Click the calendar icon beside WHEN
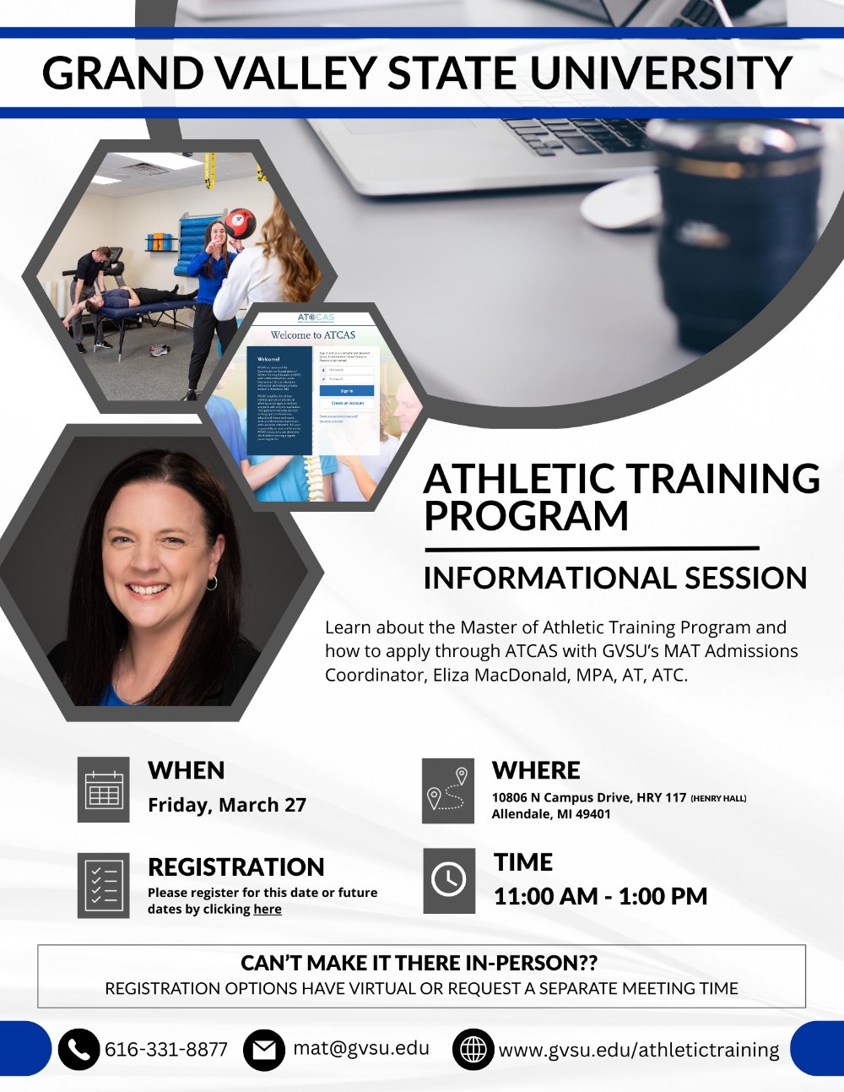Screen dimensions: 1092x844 click(x=104, y=790)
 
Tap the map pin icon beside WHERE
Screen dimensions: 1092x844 click(x=448, y=790)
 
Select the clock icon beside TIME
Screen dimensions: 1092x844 click(x=448, y=880)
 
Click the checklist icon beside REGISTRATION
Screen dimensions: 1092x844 click(x=104, y=885)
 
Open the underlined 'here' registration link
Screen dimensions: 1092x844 click(x=268, y=910)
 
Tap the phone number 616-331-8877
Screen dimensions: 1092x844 click(x=166, y=1049)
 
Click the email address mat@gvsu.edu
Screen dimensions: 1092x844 click(x=361, y=1048)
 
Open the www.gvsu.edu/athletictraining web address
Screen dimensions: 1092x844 click(x=639, y=1050)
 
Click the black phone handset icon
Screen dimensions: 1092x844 click(x=78, y=1049)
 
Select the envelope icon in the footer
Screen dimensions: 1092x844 click(x=264, y=1050)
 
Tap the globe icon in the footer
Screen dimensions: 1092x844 click(x=473, y=1050)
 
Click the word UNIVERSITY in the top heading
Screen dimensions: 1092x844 click(x=661, y=73)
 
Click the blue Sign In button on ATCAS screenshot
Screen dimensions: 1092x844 click(x=346, y=391)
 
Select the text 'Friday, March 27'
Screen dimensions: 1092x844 click(x=227, y=805)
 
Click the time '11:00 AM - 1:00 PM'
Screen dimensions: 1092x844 click(x=600, y=896)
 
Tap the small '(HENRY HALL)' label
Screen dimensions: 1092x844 click(x=718, y=798)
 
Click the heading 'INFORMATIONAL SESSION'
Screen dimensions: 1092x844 click(x=614, y=579)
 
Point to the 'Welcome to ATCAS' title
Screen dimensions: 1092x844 click(x=312, y=335)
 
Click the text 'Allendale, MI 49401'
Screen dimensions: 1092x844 click(x=550, y=814)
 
